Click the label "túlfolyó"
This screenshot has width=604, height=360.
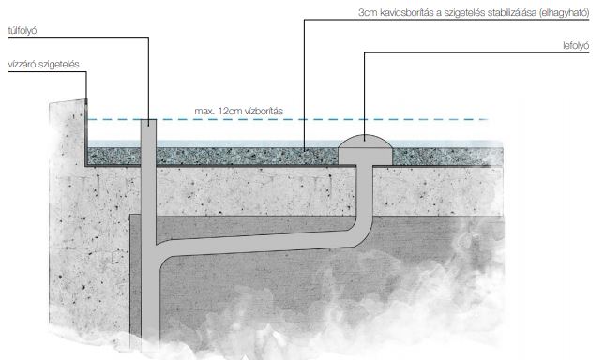click(23, 31)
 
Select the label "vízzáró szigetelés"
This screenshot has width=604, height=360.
click(43, 65)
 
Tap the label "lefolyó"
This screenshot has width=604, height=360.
click(576, 46)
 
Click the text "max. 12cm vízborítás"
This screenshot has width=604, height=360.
click(238, 112)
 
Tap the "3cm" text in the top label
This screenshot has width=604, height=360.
click(368, 13)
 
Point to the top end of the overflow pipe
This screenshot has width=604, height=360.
click(148, 120)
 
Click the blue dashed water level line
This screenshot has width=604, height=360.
click(287, 119)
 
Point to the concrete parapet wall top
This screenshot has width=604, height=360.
click(68, 101)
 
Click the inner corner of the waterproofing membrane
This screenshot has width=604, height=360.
click(86, 166)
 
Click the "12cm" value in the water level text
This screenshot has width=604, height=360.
click(230, 112)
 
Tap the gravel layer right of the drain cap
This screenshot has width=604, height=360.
click(447, 157)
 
